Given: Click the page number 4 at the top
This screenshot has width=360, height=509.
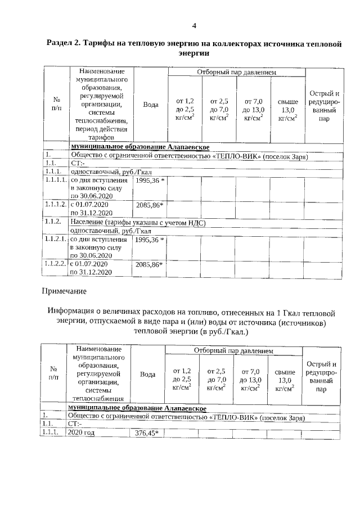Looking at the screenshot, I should pos(194,26).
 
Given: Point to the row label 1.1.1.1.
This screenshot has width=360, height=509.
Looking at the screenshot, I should pos(56,181).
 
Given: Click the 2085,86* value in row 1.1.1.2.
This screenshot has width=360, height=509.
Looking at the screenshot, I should pos(149,205).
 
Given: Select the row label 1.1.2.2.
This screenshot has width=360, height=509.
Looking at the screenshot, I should pos(56,263).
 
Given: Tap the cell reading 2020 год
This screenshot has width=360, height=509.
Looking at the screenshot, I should pos(80,433).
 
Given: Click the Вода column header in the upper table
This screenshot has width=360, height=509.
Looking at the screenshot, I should pos(150,105).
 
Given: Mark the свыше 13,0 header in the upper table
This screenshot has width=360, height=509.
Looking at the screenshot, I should pos(287,109).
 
